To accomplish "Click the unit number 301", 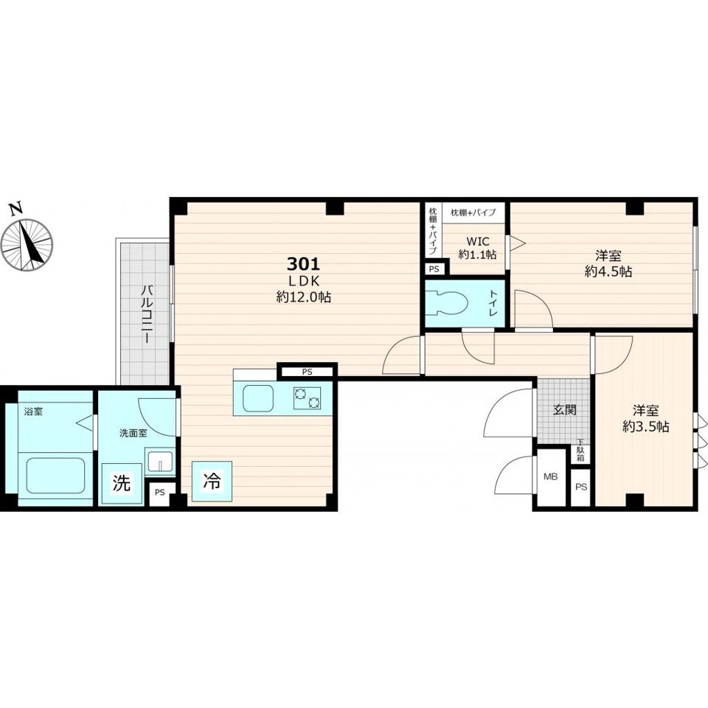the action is point(303,263).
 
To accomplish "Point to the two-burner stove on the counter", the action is point(307,398).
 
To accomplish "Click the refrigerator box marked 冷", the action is point(212,481).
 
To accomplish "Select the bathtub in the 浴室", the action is point(55,475).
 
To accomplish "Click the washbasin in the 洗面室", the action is point(159,460).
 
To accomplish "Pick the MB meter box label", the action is point(550,476).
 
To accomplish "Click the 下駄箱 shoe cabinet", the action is point(580,451).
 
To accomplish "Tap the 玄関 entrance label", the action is point(565,410).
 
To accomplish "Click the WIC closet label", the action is point(477,242).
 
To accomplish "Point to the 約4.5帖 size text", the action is point(608,271).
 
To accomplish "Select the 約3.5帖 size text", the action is point(646,426).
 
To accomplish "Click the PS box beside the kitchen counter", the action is point(307,372).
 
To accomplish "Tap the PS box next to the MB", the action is point(582,487).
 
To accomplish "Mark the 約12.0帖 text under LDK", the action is point(303,297).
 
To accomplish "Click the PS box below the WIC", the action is point(434,269).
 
